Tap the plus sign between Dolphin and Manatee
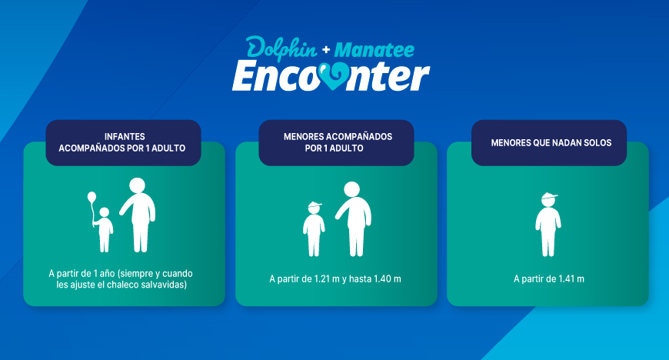point(326,49)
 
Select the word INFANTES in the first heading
point(123,136)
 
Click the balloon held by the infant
point(92,200)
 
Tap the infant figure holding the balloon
point(105,229)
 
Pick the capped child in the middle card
point(314,228)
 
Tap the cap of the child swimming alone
point(548,195)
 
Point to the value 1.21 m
point(325,278)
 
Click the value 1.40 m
point(387,278)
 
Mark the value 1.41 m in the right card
point(571,278)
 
